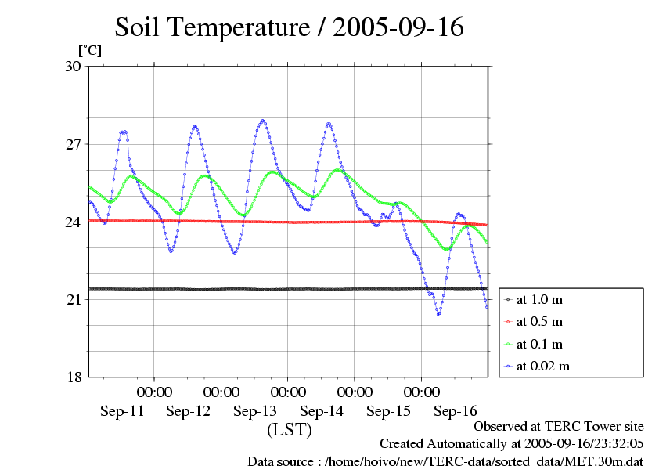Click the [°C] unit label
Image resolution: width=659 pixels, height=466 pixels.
89,50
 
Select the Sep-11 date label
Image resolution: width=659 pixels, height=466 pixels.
121,410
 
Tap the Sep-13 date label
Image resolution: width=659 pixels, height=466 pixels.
255,410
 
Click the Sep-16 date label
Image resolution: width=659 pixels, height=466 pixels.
456,410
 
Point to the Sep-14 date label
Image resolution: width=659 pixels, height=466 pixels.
322,410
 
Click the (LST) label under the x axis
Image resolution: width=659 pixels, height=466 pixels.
290,430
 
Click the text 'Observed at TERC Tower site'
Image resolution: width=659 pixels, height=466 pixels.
559,427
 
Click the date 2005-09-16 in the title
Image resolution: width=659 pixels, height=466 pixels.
398,27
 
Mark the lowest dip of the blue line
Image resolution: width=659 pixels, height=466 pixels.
438,313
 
